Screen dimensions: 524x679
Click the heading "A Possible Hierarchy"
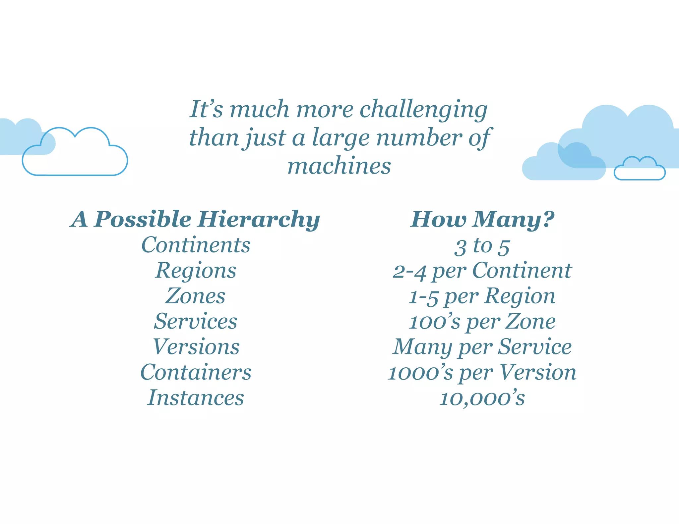click(x=195, y=220)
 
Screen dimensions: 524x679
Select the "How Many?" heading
click(x=482, y=220)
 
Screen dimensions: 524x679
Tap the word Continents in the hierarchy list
click(x=196, y=245)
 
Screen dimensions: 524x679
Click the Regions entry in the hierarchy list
click(x=196, y=271)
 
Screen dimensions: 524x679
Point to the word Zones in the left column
click(x=195, y=296)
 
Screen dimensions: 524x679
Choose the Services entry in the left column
click(x=196, y=321)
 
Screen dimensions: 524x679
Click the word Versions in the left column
click(x=196, y=347)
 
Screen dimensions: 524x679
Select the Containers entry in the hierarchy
click(x=196, y=372)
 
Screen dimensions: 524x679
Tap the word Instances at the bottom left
click(x=196, y=398)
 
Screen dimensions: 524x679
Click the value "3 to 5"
click(x=482, y=246)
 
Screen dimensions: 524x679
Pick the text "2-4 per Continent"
click(x=482, y=271)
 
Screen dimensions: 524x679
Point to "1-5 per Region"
click(x=482, y=296)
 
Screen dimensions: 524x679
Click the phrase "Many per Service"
click(x=482, y=347)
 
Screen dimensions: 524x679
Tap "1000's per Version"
click(x=482, y=373)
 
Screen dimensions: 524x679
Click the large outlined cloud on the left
click(x=75, y=156)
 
